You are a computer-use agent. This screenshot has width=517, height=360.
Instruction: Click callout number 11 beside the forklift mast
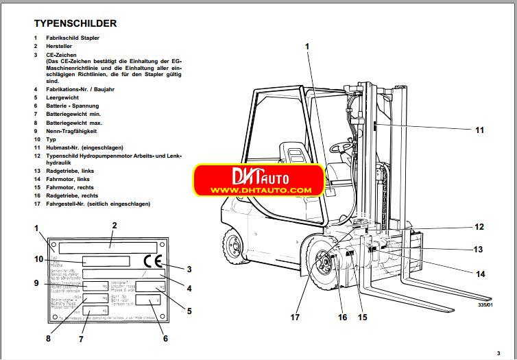click(x=479, y=130)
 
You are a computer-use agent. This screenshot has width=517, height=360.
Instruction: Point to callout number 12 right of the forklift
click(x=479, y=227)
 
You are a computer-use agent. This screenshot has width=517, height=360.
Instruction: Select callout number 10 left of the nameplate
click(x=39, y=259)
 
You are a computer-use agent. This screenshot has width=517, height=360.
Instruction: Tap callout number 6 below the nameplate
click(x=164, y=338)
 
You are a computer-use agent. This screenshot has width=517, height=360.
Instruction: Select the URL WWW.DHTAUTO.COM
click(x=261, y=190)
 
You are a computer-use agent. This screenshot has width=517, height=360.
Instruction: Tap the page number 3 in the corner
click(x=508, y=353)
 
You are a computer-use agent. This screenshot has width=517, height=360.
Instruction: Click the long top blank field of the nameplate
click(x=109, y=246)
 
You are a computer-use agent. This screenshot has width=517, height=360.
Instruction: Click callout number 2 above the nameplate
click(x=115, y=225)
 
